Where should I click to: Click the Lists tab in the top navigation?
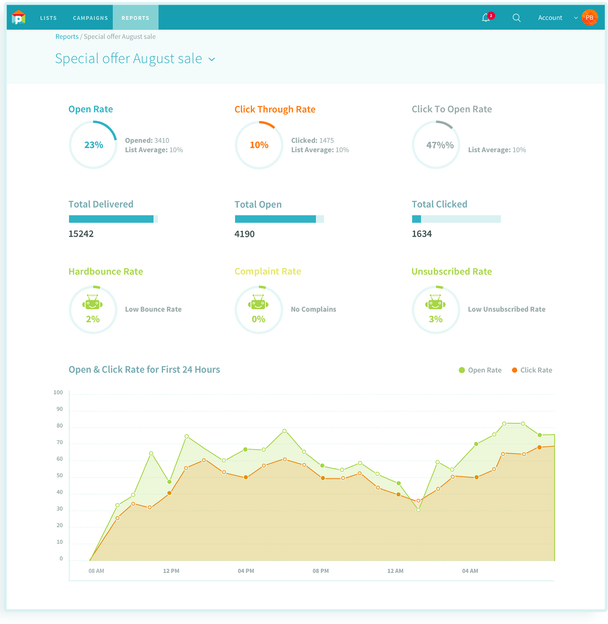pos(48,18)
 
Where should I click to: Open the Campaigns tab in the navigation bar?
pos(90,18)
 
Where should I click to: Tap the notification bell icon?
pos(486,18)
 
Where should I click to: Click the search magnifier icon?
pos(516,18)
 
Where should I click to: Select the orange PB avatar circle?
pos(590,18)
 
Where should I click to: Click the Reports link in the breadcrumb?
pos(67,37)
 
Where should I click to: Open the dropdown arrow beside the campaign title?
pos(212,59)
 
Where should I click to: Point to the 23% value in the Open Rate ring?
pos(94,145)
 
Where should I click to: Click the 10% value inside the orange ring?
pos(259,145)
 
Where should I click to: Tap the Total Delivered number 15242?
pos(81,234)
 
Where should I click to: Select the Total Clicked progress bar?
pos(456,219)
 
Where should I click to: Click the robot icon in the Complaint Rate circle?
pos(258,302)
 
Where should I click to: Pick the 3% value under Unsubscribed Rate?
pos(436,319)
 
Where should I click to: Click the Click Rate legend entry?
pos(532,370)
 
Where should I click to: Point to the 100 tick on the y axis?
pos(58,393)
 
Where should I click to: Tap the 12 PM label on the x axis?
pos(171,571)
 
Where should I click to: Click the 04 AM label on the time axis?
pos(470,571)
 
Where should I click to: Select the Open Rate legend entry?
pos(480,370)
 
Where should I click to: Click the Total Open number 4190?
pos(244,234)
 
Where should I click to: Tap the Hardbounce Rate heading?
pos(106,272)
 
